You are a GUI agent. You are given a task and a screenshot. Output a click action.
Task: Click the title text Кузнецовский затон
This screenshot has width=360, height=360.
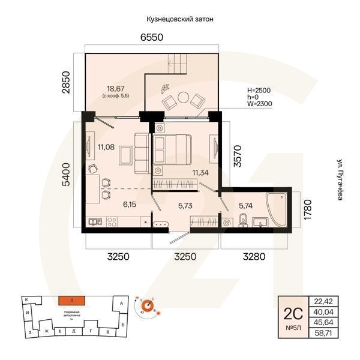[x=180, y=19]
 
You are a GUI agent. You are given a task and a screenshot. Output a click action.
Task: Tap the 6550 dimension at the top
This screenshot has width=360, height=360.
[x=152, y=38]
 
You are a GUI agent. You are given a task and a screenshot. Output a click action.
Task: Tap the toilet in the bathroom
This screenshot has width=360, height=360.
[x=242, y=223]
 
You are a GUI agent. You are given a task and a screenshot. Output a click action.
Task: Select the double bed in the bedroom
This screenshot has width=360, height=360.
[x=172, y=148]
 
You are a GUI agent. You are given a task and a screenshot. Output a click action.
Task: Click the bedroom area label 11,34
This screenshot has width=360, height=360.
[x=201, y=173]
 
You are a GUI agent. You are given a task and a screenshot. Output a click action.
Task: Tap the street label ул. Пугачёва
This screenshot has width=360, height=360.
[x=340, y=180]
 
